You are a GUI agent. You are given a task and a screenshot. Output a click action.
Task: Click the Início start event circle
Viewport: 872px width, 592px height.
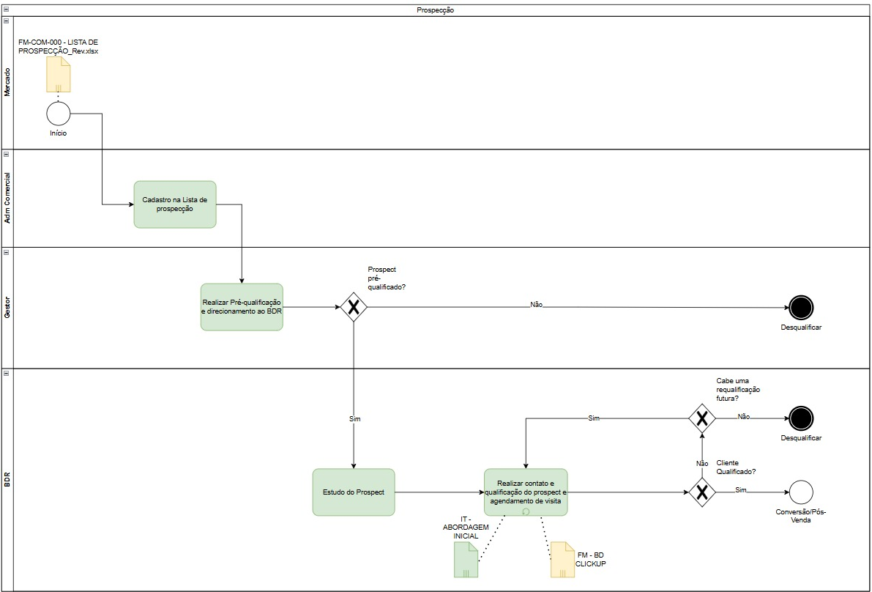pyautogui.click(x=59, y=114)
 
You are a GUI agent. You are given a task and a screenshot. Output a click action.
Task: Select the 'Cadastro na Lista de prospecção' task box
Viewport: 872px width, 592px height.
pyautogui.click(x=175, y=204)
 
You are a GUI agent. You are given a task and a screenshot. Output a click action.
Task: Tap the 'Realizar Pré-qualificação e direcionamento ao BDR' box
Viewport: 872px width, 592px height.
pyautogui.click(x=242, y=307)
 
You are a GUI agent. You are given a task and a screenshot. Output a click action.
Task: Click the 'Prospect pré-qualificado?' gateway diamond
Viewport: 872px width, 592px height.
pyautogui.click(x=354, y=307)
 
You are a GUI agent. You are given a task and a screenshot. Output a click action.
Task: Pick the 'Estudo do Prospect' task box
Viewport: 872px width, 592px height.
pyautogui.click(x=354, y=492)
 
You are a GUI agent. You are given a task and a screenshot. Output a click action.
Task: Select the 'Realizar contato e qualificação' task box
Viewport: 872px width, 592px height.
pyautogui.click(x=526, y=492)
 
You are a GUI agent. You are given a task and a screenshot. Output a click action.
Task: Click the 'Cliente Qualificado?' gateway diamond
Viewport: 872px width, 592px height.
pyautogui.click(x=702, y=492)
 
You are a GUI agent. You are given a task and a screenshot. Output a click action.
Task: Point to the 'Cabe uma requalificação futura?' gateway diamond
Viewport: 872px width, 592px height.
pyautogui.click(x=702, y=418)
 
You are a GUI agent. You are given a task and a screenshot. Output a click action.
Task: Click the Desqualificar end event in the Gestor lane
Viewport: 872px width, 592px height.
pyautogui.click(x=801, y=308)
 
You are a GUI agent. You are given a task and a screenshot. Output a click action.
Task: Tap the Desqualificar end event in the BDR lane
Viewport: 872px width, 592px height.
pyautogui.click(x=801, y=418)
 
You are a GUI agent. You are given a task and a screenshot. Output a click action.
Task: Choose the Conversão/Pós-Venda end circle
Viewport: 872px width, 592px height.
pyautogui.click(x=801, y=492)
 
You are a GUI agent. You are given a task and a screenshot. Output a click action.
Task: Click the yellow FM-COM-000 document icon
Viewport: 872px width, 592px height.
pyautogui.click(x=58, y=74)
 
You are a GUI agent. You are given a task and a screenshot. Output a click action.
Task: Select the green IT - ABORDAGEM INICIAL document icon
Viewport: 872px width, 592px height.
pyautogui.click(x=466, y=560)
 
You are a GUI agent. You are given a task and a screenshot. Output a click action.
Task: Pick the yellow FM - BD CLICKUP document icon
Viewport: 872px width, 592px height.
pyautogui.click(x=562, y=560)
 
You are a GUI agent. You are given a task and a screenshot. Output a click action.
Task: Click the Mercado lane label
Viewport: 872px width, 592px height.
pyautogui.click(x=8, y=82)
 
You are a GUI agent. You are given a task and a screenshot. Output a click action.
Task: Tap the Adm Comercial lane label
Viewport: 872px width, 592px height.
pyautogui.click(x=8, y=198)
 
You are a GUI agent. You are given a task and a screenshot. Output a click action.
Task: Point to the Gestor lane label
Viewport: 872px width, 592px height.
pyautogui.click(x=8, y=307)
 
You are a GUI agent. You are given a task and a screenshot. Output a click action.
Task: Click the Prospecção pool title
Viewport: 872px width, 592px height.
pyautogui.click(x=436, y=10)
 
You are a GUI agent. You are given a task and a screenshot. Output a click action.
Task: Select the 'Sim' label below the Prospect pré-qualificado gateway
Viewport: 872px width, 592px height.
pyautogui.click(x=354, y=418)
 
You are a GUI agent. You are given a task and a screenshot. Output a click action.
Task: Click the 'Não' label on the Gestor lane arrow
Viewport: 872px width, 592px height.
pyautogui.click(x=536, y=305)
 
